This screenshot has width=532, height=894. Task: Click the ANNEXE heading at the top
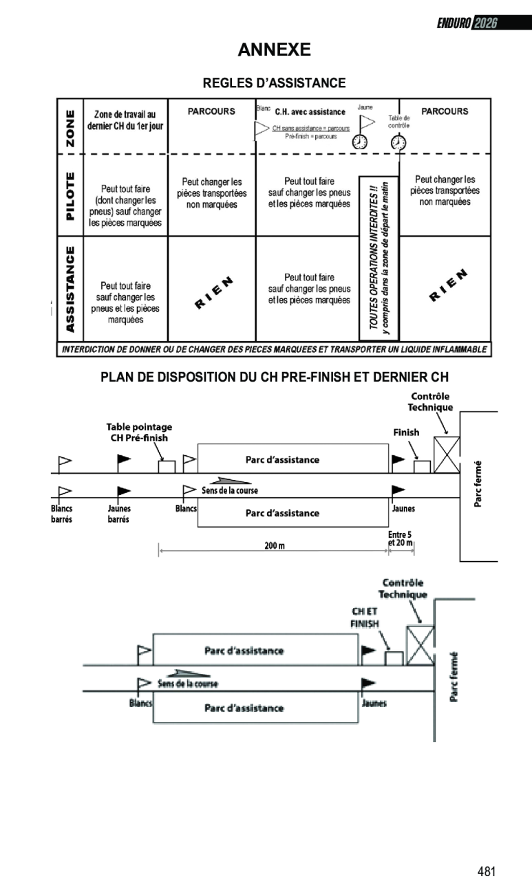(x=274, y=50)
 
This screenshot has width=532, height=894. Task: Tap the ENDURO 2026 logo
(x=467, y=24)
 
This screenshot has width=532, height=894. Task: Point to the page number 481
(x=486, y=872)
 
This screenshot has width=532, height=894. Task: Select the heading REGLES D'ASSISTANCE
(x=274, y=83)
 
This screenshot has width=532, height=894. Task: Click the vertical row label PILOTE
(x=70, y=197)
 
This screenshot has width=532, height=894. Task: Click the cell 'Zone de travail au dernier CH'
(x=125, y=120)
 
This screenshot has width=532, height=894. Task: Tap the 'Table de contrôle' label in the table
(x=398, y=122)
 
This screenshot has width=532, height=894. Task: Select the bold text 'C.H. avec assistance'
(x=310, y=112)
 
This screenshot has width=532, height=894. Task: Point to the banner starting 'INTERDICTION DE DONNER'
(x=274, y=349)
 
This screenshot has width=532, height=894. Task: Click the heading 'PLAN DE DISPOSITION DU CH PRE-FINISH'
(x=274, y=378)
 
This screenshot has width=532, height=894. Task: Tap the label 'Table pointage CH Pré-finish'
(x=139, y=432)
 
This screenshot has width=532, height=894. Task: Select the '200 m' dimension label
(x=275, y=546)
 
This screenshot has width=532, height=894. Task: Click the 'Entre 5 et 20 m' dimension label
(x=400, y=538)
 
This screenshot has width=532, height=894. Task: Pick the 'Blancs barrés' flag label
(x=62, y=514)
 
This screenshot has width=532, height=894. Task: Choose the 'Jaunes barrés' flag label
(x=119, y=514)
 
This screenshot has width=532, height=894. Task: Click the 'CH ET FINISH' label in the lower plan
(x=365, y=617)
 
